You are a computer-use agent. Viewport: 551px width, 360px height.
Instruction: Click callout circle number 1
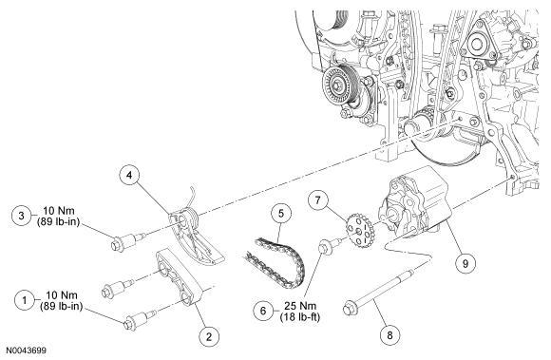pos(25,300)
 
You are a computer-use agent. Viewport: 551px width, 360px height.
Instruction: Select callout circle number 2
pos(209,337)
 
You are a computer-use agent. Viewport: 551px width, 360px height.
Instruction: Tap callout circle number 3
pos(22,216)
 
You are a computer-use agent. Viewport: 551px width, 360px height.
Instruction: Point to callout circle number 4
pos(129,175)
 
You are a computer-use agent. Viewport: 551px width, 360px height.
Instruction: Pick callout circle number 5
pos(281,213)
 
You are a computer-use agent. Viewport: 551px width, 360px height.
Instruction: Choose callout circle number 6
pos(263,311)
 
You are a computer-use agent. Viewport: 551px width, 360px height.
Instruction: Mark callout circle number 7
pos(318,199)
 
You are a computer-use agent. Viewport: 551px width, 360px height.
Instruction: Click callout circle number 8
pos(389,335)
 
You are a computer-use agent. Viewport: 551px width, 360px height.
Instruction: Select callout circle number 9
pos(465,263)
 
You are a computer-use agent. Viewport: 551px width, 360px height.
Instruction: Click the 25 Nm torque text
pos(300,306)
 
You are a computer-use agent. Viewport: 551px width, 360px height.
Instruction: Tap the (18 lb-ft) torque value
pos(300,317)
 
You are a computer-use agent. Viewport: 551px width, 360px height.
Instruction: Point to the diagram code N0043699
pos(26,351)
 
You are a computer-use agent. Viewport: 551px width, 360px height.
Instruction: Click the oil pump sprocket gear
pos(361,232)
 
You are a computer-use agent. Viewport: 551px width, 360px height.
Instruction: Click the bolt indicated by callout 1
pos(139,320)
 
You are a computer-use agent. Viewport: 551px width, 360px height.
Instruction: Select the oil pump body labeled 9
pos(414,202)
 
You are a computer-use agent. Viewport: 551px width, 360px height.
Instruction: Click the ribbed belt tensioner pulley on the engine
pos(339,85)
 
